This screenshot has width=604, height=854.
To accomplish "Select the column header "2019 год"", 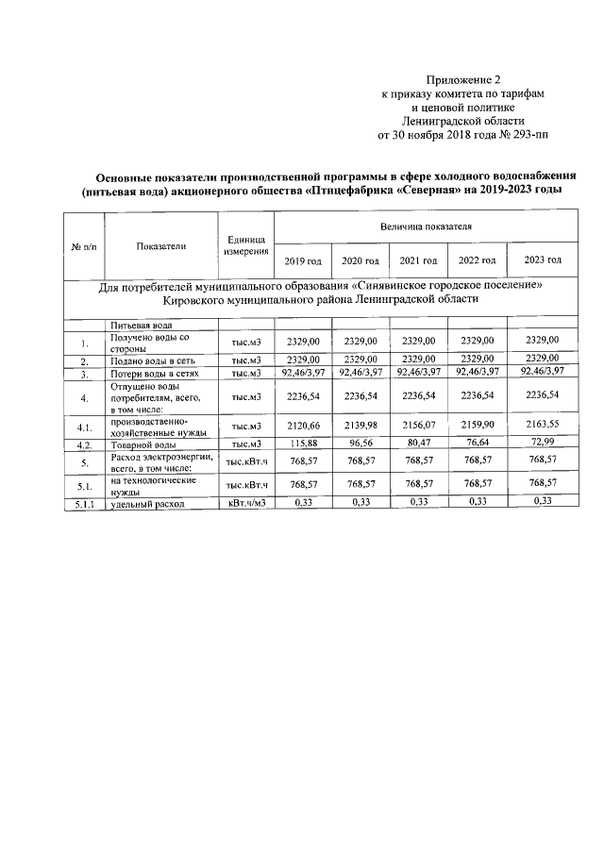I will pos(302,260).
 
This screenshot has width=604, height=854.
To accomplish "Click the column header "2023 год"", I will pos(542,260).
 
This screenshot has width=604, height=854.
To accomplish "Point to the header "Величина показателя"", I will pos(426,227).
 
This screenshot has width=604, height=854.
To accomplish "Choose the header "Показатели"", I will pos(159,246).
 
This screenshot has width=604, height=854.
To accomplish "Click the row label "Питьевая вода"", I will pos(142,325).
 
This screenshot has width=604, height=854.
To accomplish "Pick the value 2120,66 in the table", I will pos(302,426).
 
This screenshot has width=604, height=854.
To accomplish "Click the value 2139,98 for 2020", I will pos(360,426).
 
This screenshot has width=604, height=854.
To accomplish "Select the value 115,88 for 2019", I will pos(302,444).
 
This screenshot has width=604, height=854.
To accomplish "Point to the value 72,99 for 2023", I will pos(542,443).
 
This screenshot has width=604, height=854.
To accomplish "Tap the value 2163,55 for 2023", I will pos(542,426).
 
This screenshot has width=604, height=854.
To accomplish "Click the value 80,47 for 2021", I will pos(418,444).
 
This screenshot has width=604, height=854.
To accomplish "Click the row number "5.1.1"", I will pos(84,504).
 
